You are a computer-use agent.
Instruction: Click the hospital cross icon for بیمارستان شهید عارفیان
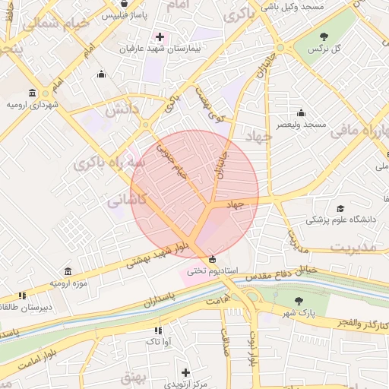pyautogui.click(x=160, y=36)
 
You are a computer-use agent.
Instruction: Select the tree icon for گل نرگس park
pyautogui.click(x=324, y=36)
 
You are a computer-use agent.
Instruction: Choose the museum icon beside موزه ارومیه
pyautogui.click(x=68, y=271)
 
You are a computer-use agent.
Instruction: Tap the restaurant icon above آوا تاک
pyautogui.click(x=158, y=330)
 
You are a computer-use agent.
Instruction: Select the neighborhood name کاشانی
pyautogui.click(x=123, y=201)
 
